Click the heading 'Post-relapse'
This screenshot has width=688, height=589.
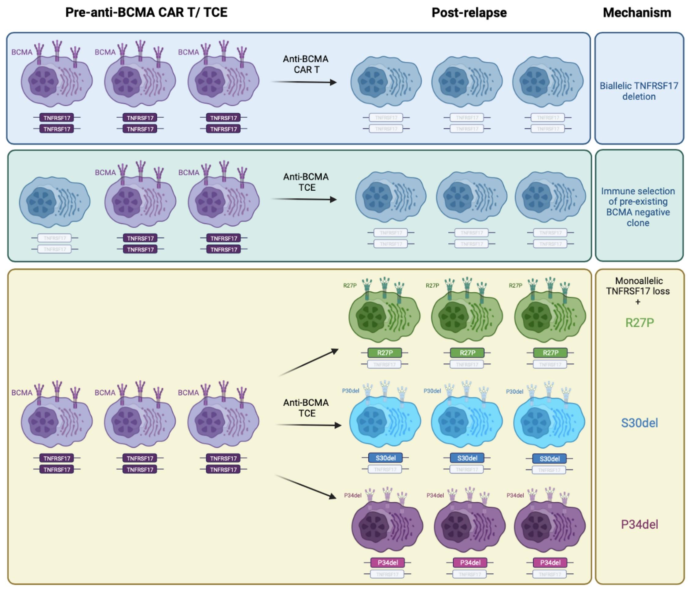(x=469, y=13)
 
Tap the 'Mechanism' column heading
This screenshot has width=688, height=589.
(x=637, y=13)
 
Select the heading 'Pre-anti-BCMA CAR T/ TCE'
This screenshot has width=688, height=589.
(x=146, y=12)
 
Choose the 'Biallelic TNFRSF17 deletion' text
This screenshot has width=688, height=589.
(x=638, y=91)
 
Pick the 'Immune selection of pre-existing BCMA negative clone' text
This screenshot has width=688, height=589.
(x=638, y=207)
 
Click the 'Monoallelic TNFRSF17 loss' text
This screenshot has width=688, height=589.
(x=639, y=286)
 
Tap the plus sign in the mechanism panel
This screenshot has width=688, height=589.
(x=638, y=302)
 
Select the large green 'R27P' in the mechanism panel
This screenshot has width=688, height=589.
(x=639, y=323)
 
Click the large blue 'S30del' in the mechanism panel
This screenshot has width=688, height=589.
(x=639, y=423)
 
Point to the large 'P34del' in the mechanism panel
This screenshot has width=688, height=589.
(x=639, y=525)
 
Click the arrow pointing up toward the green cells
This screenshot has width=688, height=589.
(x=309, y=362)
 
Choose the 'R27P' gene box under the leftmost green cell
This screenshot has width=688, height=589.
(x=385, y=353)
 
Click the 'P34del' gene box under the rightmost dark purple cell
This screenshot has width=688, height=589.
(x=550, y=563)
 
